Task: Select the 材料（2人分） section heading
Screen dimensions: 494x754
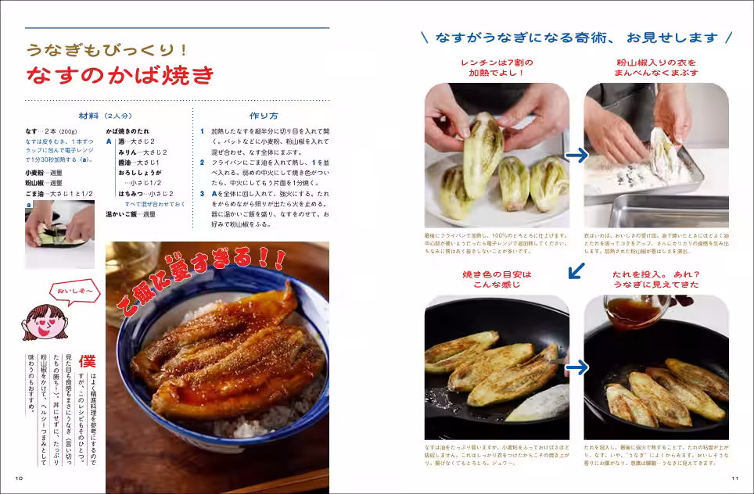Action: point(106,116)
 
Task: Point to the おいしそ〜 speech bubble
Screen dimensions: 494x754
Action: point(75,292)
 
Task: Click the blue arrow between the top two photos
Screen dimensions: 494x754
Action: point(576,155)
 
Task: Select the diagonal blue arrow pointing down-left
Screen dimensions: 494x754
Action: point(576,271)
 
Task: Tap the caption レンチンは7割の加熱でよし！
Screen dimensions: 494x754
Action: point(497,67)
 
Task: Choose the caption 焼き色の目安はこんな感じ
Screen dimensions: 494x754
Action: point(497,279)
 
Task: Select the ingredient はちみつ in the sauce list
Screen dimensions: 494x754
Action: point(134,193)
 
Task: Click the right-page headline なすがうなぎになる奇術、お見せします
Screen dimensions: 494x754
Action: point(576,38)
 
